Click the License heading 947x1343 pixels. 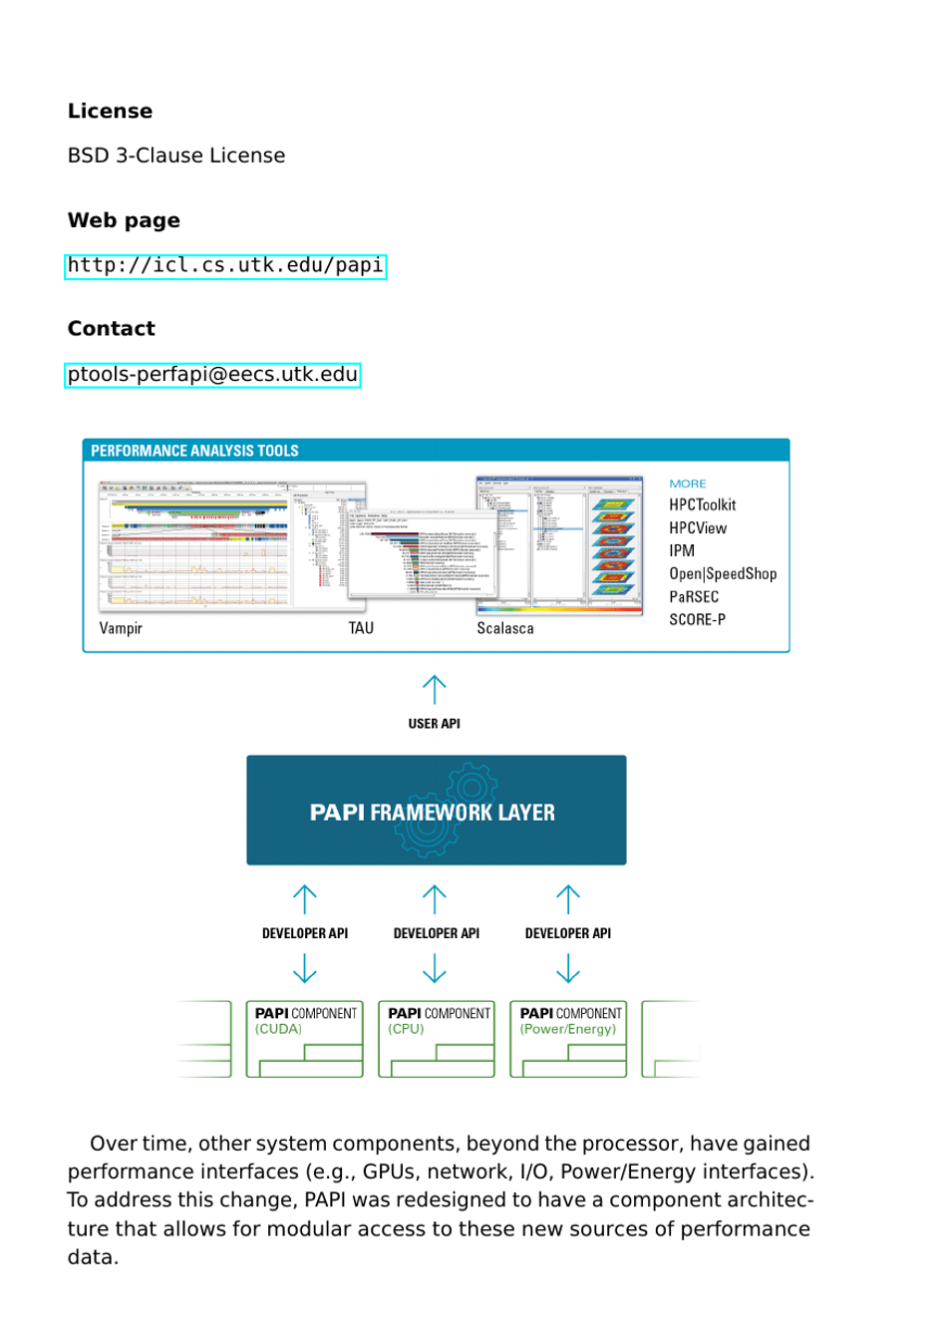click(110, 112)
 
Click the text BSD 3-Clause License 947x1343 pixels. click(176, 156)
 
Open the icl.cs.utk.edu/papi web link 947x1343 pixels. click(225, 266)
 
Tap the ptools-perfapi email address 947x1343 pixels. click(212, 375)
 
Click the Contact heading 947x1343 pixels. click(111, 329)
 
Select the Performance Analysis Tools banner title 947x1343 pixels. click(194, 451)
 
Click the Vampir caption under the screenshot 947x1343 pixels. click(121, 628)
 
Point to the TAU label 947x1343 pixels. click(361, 628)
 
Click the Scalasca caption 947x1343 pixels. click(504, 628)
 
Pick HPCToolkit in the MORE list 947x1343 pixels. click(702, 505)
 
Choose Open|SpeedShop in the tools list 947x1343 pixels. click(722, 574)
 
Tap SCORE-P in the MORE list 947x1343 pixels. click(697, 620)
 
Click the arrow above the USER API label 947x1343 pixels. click(435, 689)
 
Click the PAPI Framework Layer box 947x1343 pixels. click(436, 811)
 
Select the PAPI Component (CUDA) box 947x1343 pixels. click(305, 1039)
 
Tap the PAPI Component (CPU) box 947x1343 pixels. click(437, 1039)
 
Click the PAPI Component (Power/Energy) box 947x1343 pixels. click(568, 1039)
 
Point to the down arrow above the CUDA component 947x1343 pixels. click(305, 968)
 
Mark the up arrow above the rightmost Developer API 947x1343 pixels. click(568, 899)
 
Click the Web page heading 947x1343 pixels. click(124, 220)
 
